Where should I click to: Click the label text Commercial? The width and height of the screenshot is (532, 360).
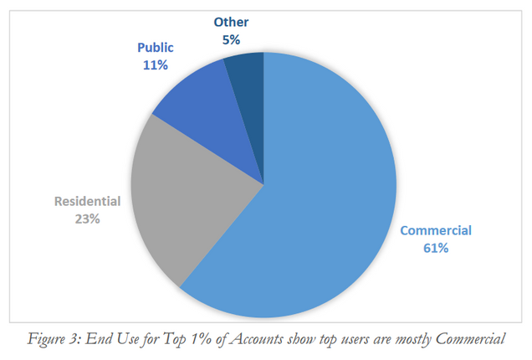click(x=436, y=230)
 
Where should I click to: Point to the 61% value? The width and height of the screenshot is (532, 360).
click(x=436, y=248)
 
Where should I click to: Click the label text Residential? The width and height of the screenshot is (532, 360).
click(x=88, y=201)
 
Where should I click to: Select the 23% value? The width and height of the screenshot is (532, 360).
click(x=88, y=219)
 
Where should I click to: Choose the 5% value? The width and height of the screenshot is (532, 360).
click(x=231, y=39)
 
